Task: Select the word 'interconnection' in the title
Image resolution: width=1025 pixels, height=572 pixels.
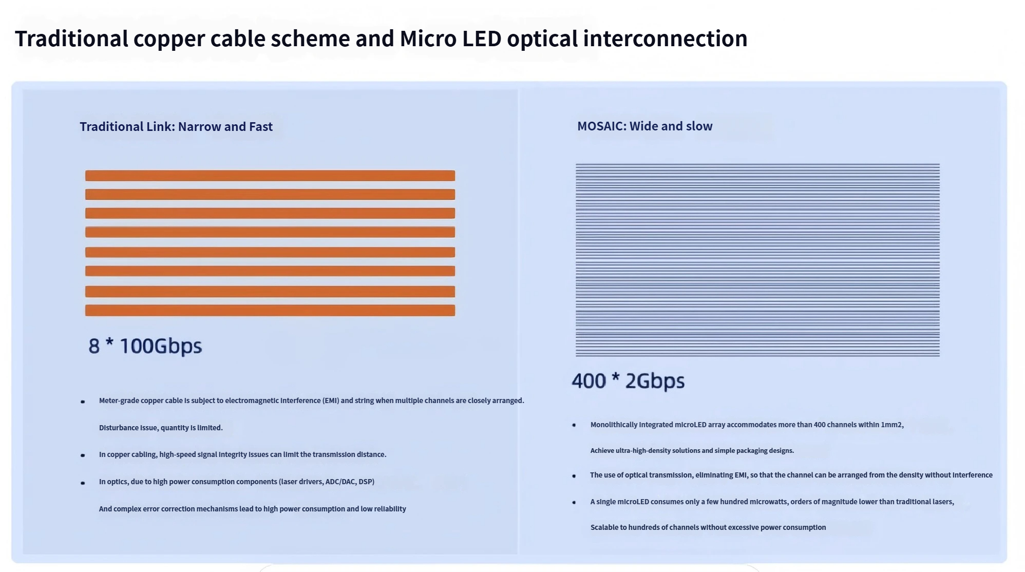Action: [665, 39]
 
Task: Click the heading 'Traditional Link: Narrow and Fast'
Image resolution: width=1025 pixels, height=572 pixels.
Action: [176, 126]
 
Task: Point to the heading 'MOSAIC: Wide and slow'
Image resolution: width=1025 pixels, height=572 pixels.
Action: [644, 126]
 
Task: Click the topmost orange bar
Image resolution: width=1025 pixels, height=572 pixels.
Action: [270, 176]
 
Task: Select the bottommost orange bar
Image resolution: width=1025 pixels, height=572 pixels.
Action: [270, 310]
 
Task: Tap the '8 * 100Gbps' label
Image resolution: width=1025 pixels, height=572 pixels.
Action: [145, 346]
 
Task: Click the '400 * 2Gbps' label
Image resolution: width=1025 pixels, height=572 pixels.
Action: [628, 381]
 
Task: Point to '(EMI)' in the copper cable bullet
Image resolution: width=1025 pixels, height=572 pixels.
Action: [331, 401]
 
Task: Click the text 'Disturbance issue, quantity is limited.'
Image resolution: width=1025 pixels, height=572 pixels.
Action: [161, 428]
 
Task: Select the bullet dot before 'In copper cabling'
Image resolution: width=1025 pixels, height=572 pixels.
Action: [83, 455]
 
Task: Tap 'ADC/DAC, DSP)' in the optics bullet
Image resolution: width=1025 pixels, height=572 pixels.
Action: [350, 482]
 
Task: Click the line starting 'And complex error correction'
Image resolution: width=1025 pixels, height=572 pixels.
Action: [253, 509]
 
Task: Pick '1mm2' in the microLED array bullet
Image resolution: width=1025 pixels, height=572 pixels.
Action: [891, 425]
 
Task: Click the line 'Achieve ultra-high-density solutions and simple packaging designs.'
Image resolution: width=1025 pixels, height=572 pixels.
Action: [692, 450]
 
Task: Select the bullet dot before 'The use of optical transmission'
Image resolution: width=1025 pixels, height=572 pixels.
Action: [574, 476]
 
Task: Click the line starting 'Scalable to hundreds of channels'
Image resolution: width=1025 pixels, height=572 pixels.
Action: [708, 527]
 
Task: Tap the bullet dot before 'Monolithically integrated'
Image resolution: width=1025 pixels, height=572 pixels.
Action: [574, 425]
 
